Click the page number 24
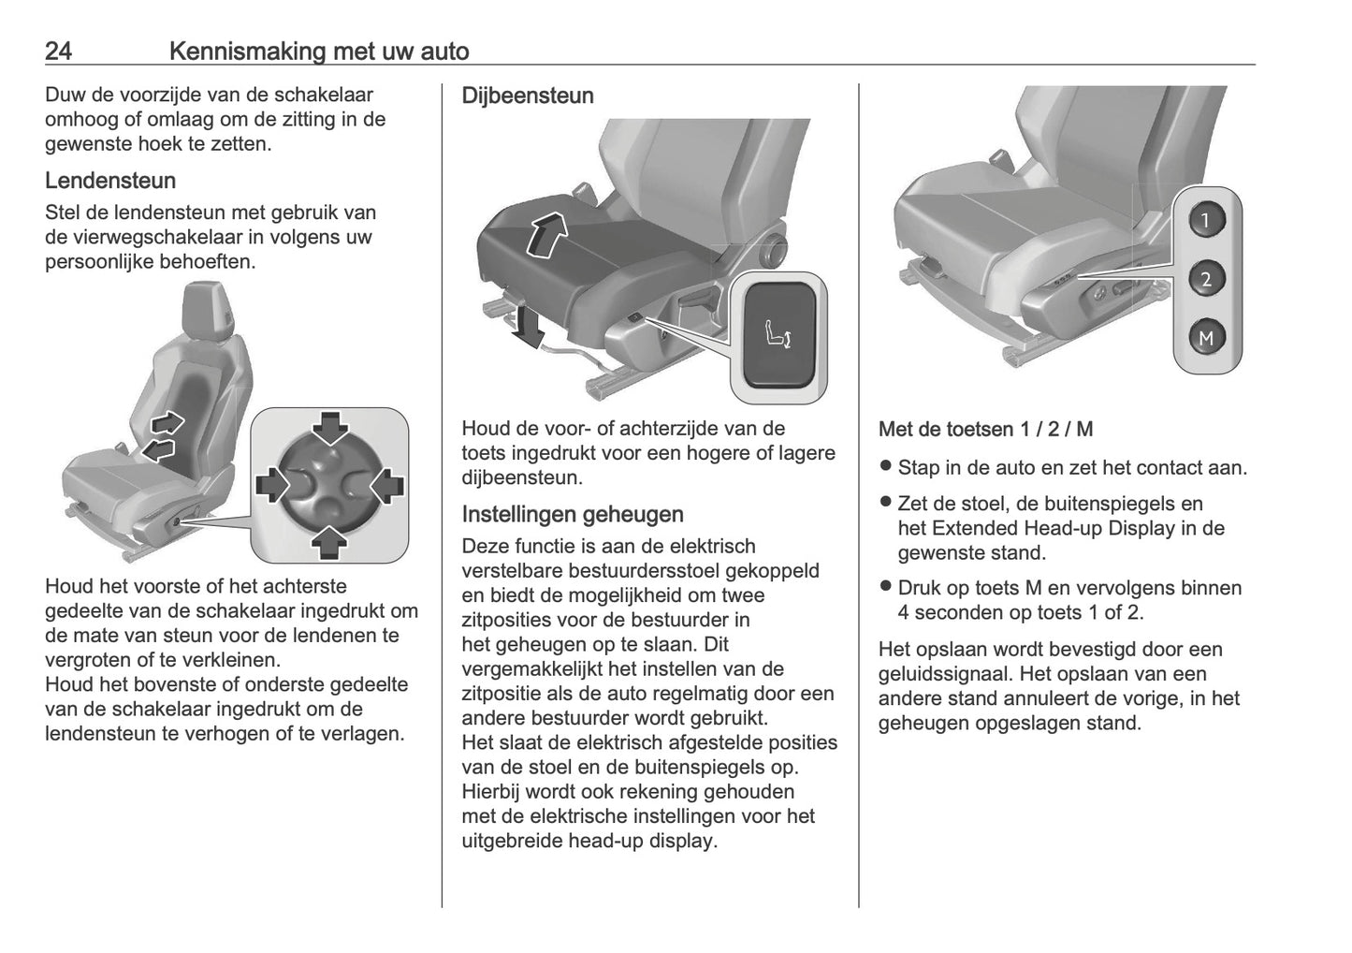58,51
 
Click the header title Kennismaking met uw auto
318,51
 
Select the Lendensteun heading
109,180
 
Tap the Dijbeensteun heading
527,95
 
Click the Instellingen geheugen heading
572,514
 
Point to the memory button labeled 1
1206,221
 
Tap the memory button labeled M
1206,338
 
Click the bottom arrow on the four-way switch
329,541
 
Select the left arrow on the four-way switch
273,485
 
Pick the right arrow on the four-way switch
386,485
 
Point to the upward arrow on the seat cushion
545,233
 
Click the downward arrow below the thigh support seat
531,326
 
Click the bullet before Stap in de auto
885,466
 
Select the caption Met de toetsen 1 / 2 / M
985,430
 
